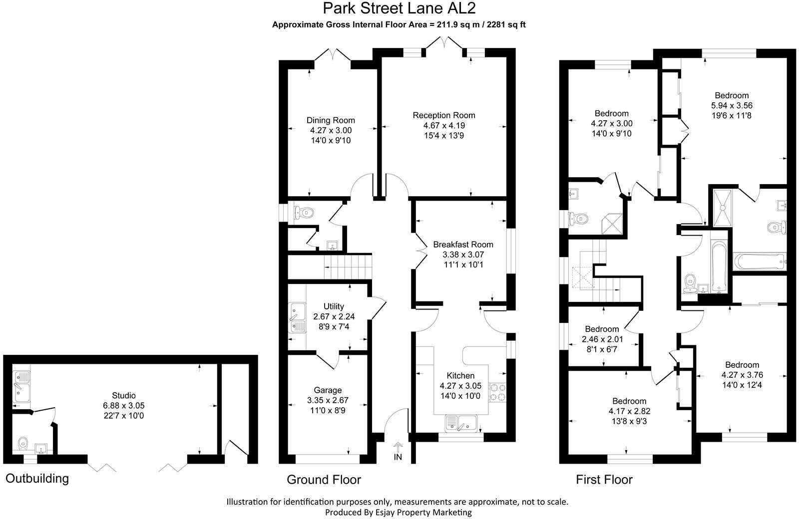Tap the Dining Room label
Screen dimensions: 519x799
point(331,120)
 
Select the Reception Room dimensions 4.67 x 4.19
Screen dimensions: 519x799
point(443,125)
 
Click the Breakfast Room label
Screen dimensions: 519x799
point(463,245)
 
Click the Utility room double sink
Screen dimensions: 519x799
point(297,318)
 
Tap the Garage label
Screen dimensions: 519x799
point(328,390)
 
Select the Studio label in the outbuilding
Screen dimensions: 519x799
point(123,396)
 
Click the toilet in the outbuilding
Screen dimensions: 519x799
point(22,443)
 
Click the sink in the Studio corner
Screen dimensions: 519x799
point(21,387)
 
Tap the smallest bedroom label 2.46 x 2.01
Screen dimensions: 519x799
point(602,339)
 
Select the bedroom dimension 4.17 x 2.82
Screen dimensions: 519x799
point(629,411)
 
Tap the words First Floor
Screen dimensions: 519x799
point(604,480)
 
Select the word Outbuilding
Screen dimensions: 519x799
point(37,479)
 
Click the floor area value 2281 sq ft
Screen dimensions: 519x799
point(505,24)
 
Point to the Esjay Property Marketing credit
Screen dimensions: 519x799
point(398,512)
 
